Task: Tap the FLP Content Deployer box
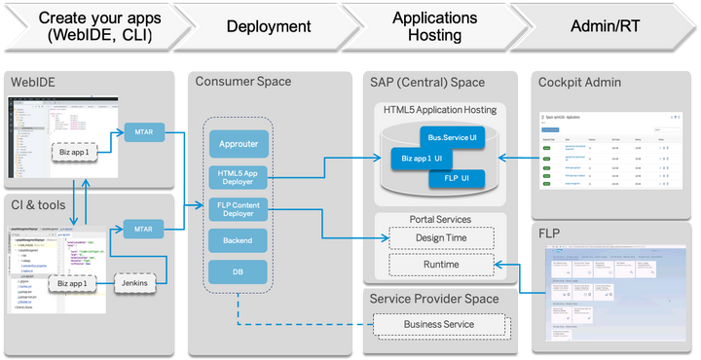pyautogui.click(x=239, y=208)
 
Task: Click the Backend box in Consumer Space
pyautogui.click(x=239, y=239)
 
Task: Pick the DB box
pyautogui.click(x=239, y=272)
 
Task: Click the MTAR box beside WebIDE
pyautogui.click(x=144, y=132)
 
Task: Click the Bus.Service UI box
pyautogui.click(x=451, y=138)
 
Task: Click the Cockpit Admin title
pyautogui.click(x=579, y=83)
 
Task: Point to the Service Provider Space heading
pyautogui.click(x=434, y=300)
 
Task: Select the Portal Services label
pyautogui.click(x=433, y=219)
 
